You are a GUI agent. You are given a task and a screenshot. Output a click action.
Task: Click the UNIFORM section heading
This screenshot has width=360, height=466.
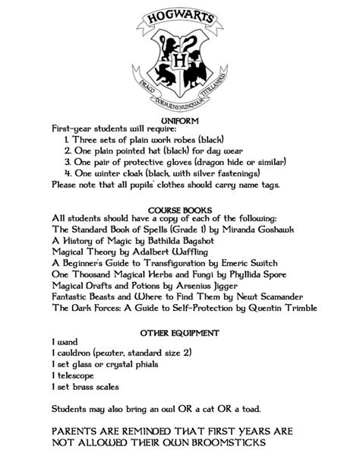180,120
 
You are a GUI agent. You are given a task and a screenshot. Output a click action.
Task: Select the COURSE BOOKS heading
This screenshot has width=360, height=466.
180,209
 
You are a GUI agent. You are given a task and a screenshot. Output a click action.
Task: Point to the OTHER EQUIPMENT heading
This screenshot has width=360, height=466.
180,333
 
